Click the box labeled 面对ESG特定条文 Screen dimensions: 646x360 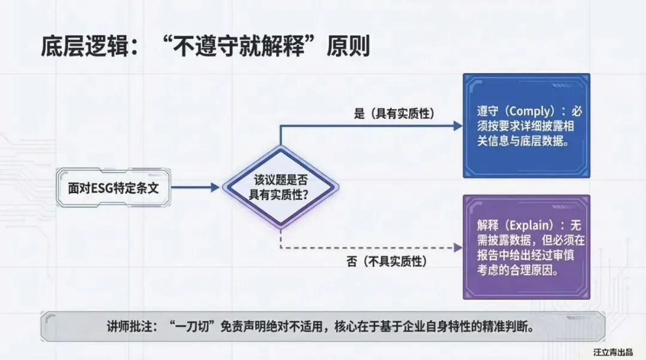coord(113,188)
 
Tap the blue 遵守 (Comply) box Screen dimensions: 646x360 coord(526,126)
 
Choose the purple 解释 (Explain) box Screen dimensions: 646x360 coord(526,247)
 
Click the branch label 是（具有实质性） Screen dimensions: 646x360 coord(394,114)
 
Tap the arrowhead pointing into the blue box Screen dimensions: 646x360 coord(458,126)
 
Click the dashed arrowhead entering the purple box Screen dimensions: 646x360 coord(458,248)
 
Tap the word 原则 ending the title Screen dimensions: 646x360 coord(348,46)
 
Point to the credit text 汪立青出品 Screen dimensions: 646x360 coord(613,352)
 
